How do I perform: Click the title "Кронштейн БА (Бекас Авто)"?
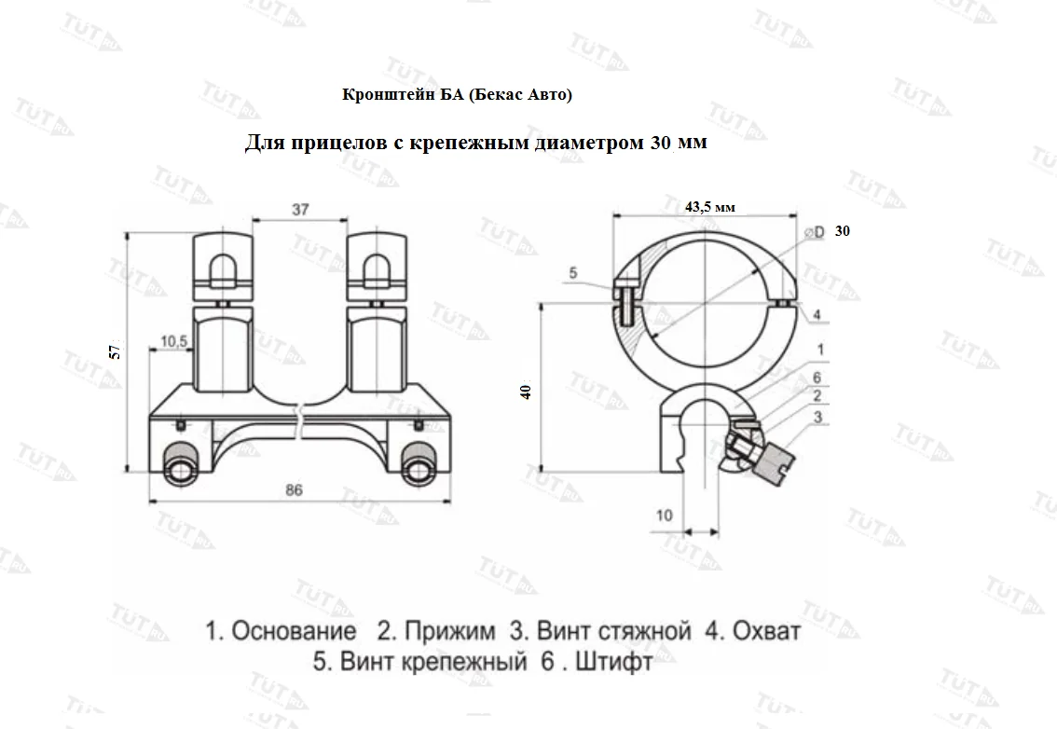[457, 95]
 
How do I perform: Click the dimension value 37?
[300, 210]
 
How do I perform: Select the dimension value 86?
[294, 492]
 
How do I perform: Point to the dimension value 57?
[115, 351]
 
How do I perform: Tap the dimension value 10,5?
[174, 342]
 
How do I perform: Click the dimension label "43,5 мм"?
[710, 208]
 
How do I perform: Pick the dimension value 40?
[526, 392]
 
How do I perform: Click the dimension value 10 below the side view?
[664, 515]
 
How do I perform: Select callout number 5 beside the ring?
[573, 273]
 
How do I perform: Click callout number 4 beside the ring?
[817, 315]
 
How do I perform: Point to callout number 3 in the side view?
[817, 418]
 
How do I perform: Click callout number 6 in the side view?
[817, 377]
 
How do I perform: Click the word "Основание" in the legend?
[293, 632]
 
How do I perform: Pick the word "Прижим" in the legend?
[448, 632]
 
